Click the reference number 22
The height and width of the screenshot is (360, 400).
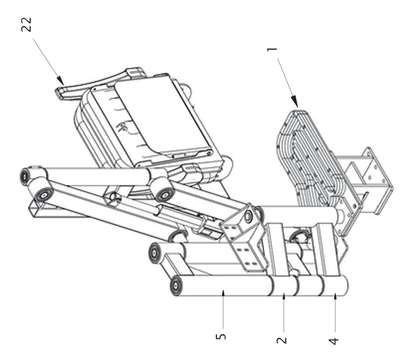click(x=27, y=24)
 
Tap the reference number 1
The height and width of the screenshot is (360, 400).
click(x=272, y=50)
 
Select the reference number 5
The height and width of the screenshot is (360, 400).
click(x=221, y=336)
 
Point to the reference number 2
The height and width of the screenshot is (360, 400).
click(x=282, y=340)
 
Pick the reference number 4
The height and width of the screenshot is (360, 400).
click(x=333, y=341)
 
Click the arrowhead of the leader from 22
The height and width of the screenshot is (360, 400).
click(x=60, y=80)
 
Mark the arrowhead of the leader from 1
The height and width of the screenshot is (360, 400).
click(x=294, y=100)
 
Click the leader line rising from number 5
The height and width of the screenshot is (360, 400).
click(x=223, y=309)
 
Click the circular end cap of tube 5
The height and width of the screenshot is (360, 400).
click(x=176, y=286)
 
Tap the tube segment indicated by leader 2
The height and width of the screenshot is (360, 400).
click(x=284, y=285)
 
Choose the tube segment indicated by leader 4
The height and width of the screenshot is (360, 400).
click(x=336, y=286)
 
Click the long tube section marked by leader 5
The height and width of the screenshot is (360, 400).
click(x=223, y=285)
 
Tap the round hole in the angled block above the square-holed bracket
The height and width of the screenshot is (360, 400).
click(x=248, y=216)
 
